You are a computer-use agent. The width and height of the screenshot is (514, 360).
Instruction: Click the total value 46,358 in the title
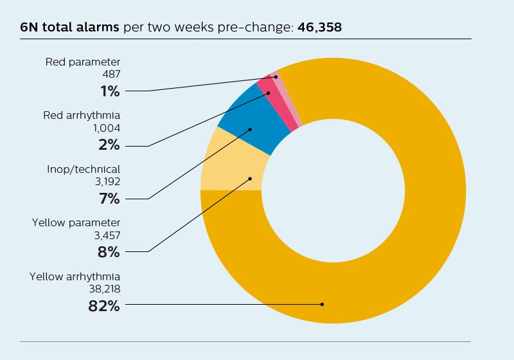tap(319, 28)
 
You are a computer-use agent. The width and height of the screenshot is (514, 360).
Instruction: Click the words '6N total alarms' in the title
tap(69, 28)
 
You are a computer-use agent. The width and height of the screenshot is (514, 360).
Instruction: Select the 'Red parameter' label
tap(83, 62)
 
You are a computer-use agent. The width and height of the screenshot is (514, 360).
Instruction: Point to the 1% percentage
tap(109, 91)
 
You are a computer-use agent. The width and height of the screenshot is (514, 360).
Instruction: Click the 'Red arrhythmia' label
tap(82, 116)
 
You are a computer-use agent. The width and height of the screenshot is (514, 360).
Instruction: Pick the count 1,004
tap(107, 128)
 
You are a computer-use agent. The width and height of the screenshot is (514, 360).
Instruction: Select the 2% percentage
tap(109, 145)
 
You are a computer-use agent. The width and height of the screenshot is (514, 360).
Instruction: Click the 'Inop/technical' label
tap(84, 169)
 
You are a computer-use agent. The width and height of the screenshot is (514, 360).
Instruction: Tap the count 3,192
tap(107, 181)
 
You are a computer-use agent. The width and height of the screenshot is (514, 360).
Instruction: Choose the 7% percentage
tap(109, 199)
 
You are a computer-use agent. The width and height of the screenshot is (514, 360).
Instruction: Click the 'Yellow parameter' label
tap(76, 222)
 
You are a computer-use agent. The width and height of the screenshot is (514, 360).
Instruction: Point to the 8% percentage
tap(109, 252)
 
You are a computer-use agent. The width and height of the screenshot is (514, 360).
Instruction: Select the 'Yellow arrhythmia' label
tap(75, 276)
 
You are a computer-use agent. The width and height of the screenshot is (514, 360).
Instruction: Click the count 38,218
tap(104, 289)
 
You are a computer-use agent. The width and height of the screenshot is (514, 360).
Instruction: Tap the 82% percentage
tap(104, 305)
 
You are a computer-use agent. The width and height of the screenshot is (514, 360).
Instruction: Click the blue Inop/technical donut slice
tap(251, 129)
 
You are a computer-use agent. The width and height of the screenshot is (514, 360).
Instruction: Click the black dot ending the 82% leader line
tap(322, 304)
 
